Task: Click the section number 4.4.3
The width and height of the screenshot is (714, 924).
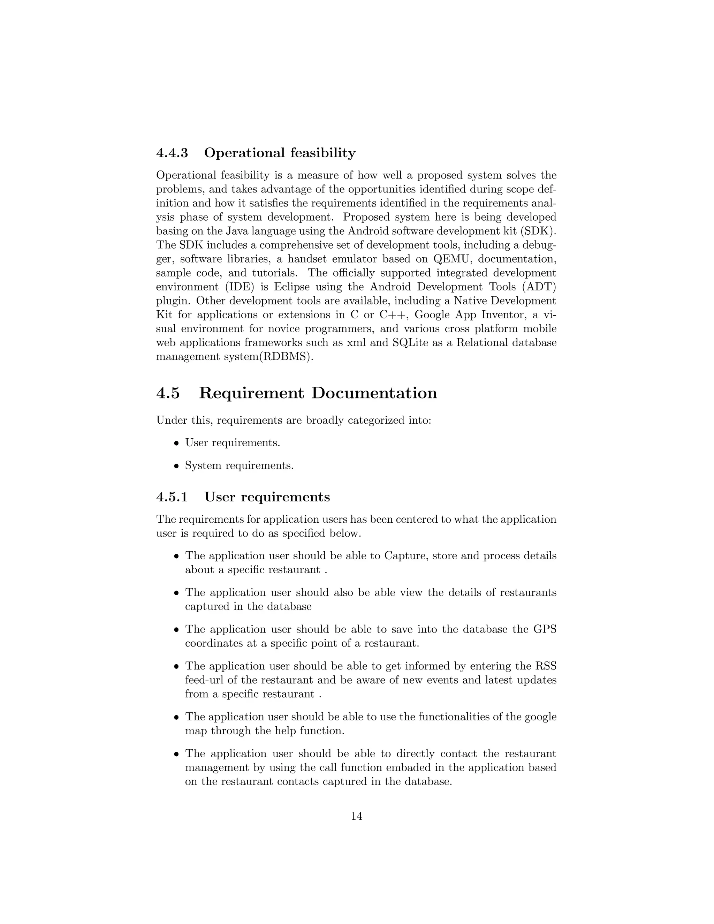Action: point(172,153)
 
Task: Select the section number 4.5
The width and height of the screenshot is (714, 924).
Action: point(168,393)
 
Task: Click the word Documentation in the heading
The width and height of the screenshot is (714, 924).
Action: point(374,393)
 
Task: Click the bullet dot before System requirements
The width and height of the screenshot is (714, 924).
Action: point(177,466)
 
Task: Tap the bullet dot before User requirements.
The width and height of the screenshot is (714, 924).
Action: point(177,444)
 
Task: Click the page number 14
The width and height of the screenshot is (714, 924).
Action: point(357,817)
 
